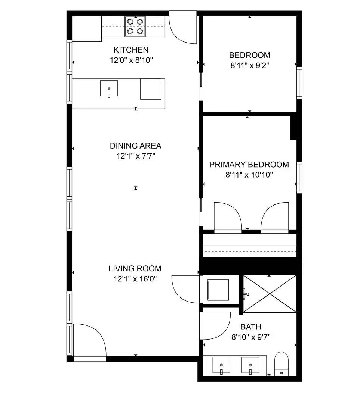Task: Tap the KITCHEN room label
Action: (131, 50)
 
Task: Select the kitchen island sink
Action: (109, 88)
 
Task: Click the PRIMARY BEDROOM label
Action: (249, 165)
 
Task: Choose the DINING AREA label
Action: (135, 146)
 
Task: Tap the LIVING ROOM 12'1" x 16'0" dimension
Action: (135, 278)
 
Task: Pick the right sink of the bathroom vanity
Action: (250, 365)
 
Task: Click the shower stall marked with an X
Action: (270, 294)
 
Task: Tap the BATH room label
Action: (250, 327)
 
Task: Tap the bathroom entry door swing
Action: (216, 325)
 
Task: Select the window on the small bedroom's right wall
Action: (299, 82)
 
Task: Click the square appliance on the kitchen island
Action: (151, 89)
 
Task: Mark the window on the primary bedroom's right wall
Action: (299, 177)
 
